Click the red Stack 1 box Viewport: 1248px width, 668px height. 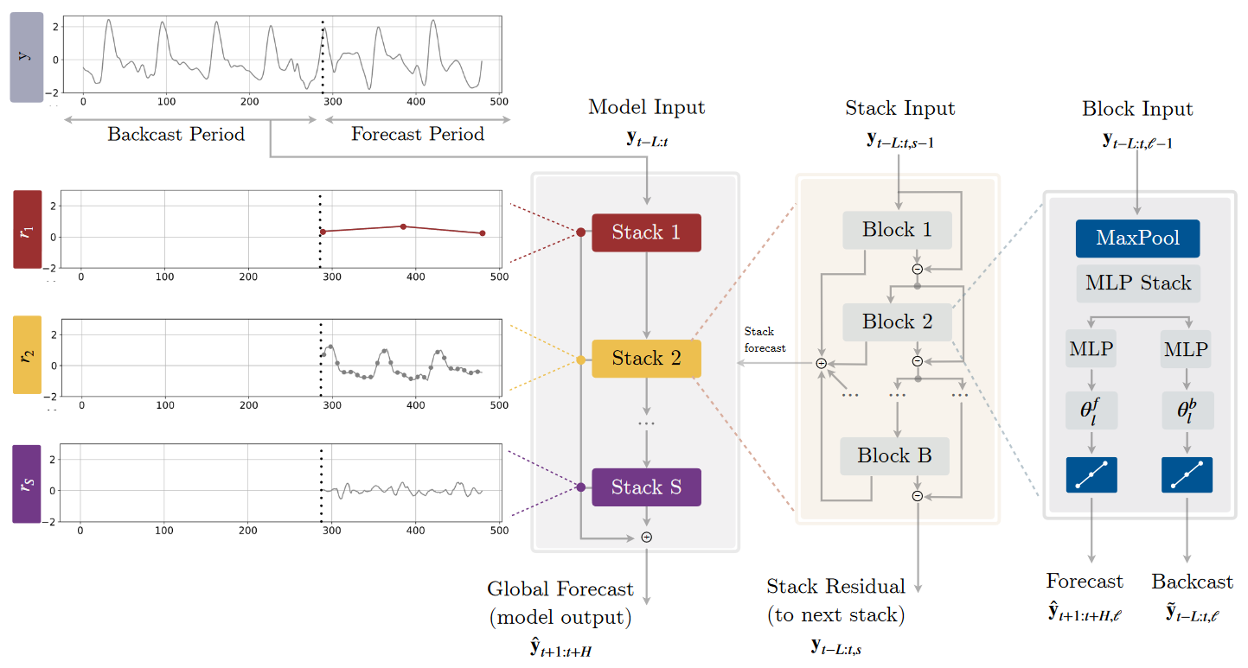[646, 232]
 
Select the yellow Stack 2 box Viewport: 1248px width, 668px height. [646, 359]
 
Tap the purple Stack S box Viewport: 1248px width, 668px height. [646, 487]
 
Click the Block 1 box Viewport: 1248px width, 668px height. [897, 230]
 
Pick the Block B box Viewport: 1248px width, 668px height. [895, 456]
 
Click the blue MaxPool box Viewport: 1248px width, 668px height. [1137, 239]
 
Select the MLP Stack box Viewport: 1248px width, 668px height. [1138, 283]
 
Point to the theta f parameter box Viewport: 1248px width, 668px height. [1091, 410]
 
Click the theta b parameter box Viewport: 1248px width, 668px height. [1187, 410]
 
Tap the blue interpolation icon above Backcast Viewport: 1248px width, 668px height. [1187, 474]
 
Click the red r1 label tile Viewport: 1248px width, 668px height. [28, 229]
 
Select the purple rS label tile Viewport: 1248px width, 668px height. [27, 484]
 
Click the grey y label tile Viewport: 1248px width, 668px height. [27, 57]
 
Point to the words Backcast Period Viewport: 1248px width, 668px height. [176, 134]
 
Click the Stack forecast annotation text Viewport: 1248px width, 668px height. [765, 340]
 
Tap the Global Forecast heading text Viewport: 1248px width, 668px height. [560, 589]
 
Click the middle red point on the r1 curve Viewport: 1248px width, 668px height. [403, 226]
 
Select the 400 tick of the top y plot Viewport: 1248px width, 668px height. [416, 102]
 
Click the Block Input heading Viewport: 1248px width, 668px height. [1137, 109]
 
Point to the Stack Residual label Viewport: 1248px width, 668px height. [835, 587]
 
